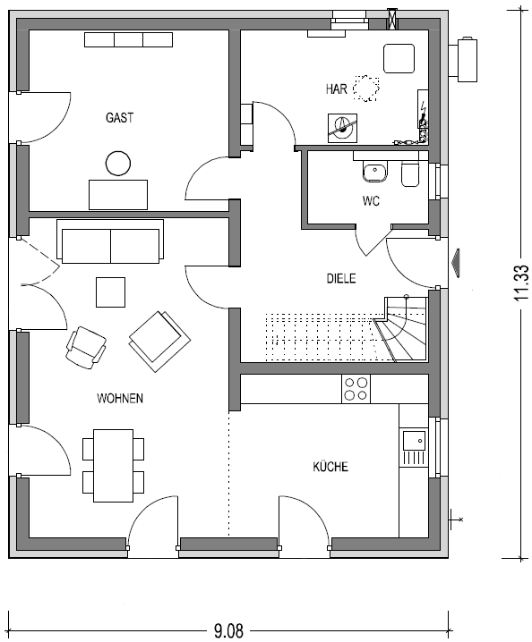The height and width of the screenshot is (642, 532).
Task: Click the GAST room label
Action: pyautogui.click(x=119, y=118)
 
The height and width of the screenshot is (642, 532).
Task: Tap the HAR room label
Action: pyautogui.click(x=337, y=89)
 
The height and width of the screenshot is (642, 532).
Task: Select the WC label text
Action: pyautogui.click(x=371, y=201)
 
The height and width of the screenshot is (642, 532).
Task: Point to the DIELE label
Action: pyautogui.click(x=341, y=278)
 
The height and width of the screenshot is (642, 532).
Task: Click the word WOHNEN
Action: pyautogui.click(x=120, y=399)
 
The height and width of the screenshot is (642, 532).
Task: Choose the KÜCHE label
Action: pyautogui.click(x=330, y=467)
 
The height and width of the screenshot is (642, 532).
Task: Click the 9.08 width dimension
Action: pyautogui.click(x=228, y=630)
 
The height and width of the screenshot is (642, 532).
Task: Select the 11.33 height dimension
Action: pyautogui.click(x=522, y=283)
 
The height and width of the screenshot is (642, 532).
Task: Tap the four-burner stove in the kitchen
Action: pyautogui.click(x=356, y=389)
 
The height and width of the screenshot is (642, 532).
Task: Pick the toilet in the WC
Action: pyautogui.click(x=410, y=174)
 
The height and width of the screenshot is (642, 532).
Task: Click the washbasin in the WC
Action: pyautogui.click(x=375, y=173)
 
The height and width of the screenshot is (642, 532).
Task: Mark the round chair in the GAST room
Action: pyautogui.click(x=118, y=164)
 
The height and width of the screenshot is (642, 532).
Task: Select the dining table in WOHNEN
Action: pyautogui.click(x=113, y=466)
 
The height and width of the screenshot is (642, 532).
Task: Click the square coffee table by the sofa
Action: pyautogui.click(x=111, y=291)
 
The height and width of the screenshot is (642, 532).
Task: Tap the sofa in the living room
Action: pyautogui.click(x=110, y=241)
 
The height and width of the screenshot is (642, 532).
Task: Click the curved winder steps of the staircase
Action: pyautogui.click(x=403, y=330)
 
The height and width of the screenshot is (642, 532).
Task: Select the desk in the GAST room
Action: pyautogui.click(x=118, y=195)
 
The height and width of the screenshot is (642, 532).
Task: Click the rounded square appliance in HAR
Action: pyautogui.click(x=399, y=58)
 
